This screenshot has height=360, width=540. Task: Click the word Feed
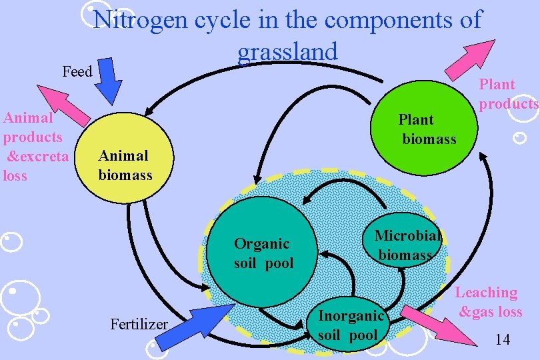pyautogui.click(x=77, y=71)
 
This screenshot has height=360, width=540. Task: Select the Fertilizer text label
pyautogui.click(x=138, y=325)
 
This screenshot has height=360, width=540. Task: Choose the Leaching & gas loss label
pyautogui.click(x=489, y=302)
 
